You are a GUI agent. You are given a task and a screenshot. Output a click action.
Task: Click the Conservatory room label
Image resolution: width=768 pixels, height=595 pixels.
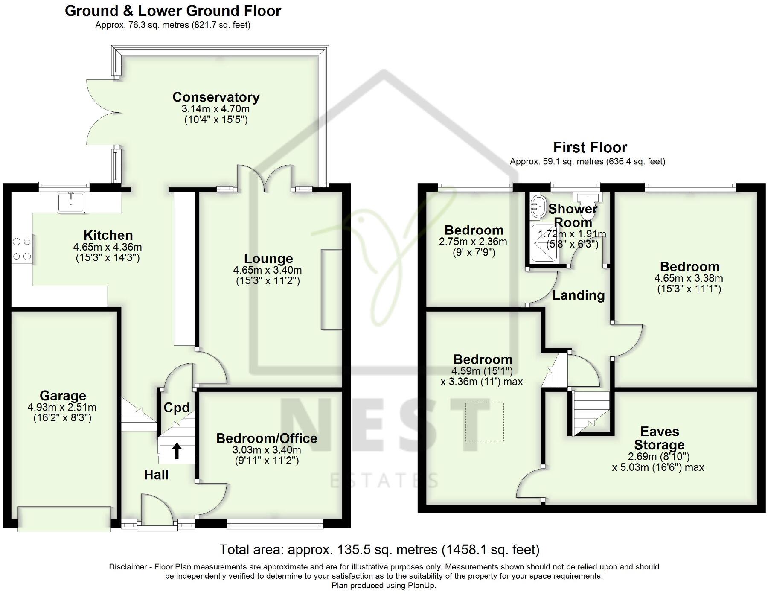[x=216, y=97]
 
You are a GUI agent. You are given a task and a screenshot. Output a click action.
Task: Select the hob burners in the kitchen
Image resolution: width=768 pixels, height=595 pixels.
[x=21, y=249]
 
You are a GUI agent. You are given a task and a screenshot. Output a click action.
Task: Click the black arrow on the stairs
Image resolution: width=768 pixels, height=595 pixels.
[x=177, y=450]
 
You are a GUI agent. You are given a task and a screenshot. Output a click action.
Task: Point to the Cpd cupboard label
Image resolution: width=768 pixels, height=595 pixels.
[x=177, y=408]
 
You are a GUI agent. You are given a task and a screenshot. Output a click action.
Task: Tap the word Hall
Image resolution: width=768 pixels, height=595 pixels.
[x=156, y=475]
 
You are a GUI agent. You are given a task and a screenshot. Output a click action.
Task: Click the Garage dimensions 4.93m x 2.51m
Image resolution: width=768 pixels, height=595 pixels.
[x=62, y=407]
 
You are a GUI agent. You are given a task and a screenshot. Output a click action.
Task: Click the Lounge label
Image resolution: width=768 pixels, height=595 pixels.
[x=268, y=258]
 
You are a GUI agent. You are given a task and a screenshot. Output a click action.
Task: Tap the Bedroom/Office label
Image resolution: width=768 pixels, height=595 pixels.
[x=267, y=438]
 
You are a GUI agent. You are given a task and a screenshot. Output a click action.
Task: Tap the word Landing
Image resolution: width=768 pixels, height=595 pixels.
[x=579, y=295]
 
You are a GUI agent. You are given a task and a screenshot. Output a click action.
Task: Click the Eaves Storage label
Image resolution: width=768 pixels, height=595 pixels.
[x=659, y=438]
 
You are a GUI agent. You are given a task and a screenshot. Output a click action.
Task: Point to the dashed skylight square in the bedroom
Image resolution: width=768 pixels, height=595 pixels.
[x=484, y=421]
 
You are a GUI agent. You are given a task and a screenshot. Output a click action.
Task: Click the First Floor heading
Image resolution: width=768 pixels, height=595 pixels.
[x=590, y=148]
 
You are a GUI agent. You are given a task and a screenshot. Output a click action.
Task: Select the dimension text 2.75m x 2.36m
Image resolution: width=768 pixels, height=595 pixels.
[x=473, y=242]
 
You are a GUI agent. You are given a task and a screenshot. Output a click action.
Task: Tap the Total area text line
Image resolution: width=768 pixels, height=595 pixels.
[x=379, y=549]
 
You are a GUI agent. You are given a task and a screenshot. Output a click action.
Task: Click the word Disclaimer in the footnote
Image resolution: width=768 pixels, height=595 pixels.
[x=128, y=567]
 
